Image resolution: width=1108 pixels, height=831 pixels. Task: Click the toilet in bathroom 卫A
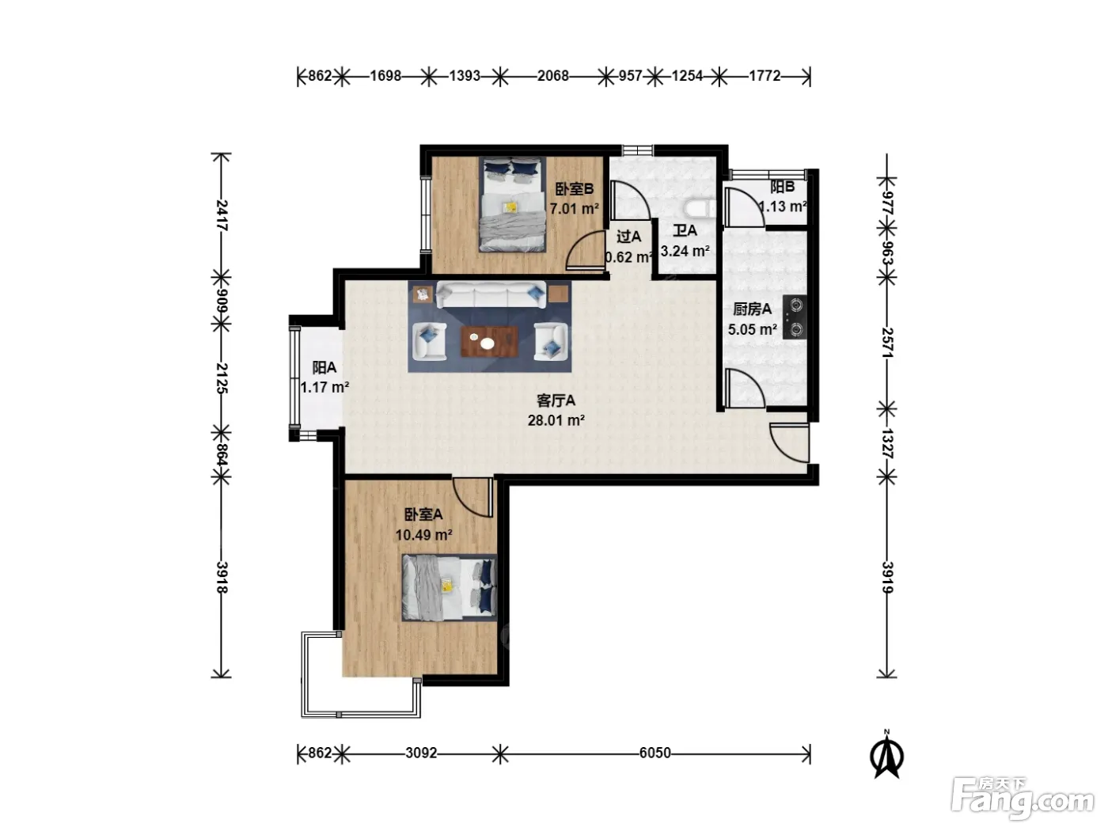tap(700, 208)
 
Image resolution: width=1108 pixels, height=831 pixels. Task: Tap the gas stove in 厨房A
tap(794, 317)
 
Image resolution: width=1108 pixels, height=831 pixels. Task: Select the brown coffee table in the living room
tap(489, 342)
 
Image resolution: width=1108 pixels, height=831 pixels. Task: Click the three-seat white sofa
tap(491, 294)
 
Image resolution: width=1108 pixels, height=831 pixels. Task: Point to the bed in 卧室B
tap(513, 204)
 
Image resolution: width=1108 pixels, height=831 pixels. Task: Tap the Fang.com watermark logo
tap(1023, 799)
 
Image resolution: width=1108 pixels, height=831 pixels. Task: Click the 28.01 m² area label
tap(556, 420)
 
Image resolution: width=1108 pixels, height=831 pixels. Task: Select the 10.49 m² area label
tap(423, 535)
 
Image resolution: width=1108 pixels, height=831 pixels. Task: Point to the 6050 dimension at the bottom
tap(655, 753)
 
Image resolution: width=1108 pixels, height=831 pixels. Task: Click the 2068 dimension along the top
tap(552, 76)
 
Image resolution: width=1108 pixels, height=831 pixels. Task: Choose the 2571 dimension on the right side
tap(887, 343)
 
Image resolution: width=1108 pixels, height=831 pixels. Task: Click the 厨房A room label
tap(752, 309)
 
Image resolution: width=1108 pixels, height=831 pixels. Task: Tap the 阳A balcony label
tap(324, 367)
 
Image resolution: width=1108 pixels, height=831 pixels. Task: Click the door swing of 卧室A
tap(472, 497)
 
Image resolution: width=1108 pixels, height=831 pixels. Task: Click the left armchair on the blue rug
tap(429, 342)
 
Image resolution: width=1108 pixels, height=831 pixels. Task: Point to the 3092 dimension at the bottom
tap(421, 753)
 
